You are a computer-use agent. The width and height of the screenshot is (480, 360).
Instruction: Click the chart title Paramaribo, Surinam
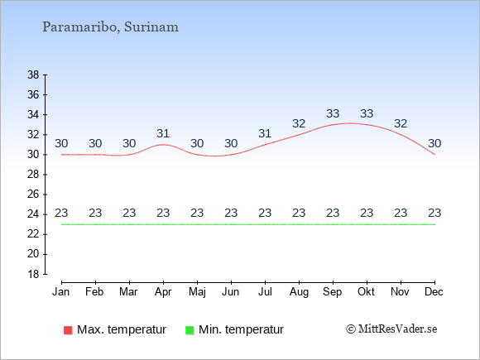(x=110, y=27)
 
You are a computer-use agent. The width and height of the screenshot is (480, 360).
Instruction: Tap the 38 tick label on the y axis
(x=33, y=74)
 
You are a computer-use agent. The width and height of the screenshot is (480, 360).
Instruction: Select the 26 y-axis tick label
(x=33, y=194)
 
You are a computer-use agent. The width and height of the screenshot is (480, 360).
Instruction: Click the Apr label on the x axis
(x=163, y=292)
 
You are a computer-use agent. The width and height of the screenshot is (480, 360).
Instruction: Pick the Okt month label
(x=367, y=292)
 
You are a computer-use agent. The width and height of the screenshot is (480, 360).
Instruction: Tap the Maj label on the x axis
(x=197, y=292)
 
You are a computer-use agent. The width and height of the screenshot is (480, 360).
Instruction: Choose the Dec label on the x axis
(x=434, y=292)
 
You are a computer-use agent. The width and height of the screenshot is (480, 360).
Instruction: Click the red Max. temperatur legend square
(x=68, y=330)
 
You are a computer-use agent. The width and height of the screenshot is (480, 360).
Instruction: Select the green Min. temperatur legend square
(x=190, y=330)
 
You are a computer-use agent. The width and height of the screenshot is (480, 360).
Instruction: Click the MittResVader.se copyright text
(x=391, y=329)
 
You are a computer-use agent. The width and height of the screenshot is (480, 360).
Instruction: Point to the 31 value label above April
(x=163, y=133)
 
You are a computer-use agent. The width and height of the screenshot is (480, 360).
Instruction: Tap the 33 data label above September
(x=333, y=113)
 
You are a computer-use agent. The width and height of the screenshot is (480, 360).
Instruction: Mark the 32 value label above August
(x=299, y=123)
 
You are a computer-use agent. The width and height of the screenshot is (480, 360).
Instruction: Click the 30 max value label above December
(x=434, y=143)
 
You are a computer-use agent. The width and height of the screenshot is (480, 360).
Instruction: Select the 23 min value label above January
(x=61, y=213)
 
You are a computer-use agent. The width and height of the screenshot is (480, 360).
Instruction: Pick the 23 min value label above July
(x=265, y=213)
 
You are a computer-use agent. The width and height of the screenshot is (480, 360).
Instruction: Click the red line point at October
(x=367, y=125)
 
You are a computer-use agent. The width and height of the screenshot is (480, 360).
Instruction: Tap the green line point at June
(x=231, y=224)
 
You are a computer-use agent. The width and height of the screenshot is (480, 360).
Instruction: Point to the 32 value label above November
(x=401, y=123)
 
